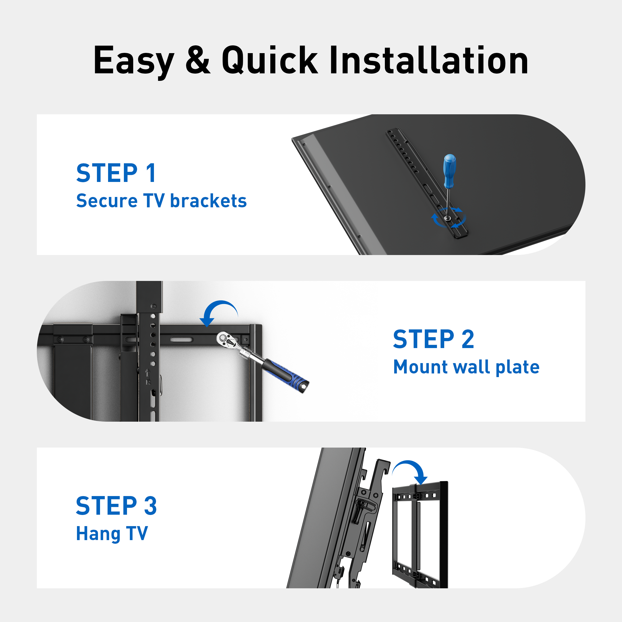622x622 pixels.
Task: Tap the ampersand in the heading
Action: [198, 60]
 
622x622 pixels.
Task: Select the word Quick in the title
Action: [270, 60]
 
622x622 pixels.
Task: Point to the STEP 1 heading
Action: [116, 173]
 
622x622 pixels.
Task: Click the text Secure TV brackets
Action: [161, 201]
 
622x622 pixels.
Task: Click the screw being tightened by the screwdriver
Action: [447, 218]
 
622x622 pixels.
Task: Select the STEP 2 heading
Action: [433, 339]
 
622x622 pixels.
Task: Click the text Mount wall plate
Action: [466, 367]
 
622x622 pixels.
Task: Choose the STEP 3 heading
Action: [116, 506]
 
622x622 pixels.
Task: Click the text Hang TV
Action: [112, 534]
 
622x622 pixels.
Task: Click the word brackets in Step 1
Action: [208, 201]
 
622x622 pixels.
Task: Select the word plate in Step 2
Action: [517, 367]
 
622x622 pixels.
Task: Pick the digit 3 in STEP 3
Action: [150, 506]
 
